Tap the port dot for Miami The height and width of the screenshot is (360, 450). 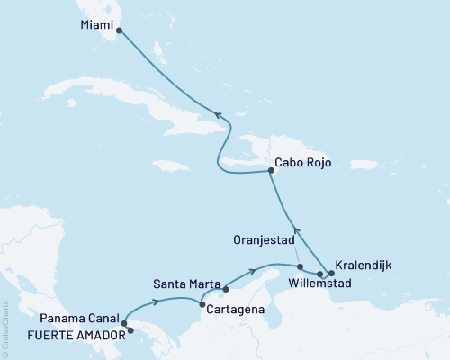[120, 29]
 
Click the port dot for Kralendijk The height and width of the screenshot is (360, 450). [331, 273]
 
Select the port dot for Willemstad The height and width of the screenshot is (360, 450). [320, 273]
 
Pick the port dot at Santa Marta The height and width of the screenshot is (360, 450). [225, 289]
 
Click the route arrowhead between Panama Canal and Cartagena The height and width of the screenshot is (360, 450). [158, 301]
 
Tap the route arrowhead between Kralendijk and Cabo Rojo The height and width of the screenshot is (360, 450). [299, 236]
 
